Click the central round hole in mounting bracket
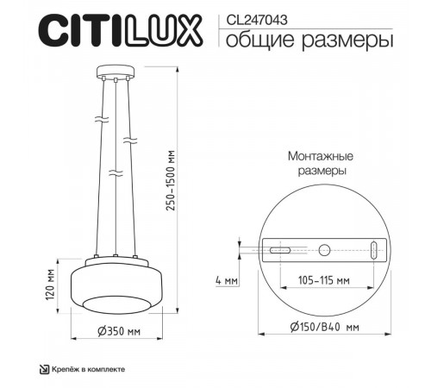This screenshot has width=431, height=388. pos(324,250)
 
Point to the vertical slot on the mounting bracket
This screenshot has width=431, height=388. pos(373,250)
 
